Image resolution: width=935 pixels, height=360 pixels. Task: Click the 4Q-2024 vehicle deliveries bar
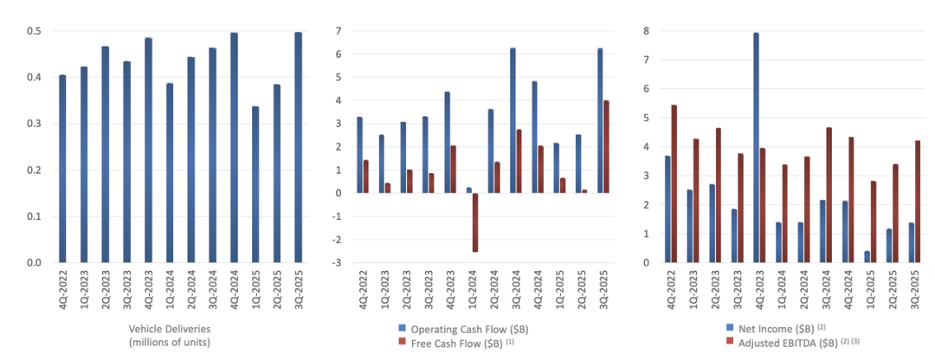point(234,147)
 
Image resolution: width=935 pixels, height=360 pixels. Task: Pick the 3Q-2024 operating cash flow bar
point(513,120)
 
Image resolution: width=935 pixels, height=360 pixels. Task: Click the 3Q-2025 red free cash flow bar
point(606,147)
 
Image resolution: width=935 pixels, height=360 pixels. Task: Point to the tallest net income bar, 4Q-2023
point(756,147)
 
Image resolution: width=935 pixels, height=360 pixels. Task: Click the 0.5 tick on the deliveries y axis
point(35,32)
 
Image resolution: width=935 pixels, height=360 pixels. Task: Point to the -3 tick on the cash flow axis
point(340,262)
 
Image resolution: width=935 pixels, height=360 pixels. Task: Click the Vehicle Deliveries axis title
point(170,336)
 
